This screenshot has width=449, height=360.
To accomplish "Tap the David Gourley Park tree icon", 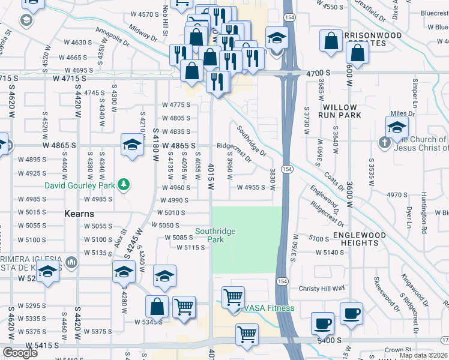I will click(x=123, y=184).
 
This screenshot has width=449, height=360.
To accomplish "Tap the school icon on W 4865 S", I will click(x=132, y=145).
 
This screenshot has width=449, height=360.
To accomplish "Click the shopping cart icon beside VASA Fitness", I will click(x=233, y=296).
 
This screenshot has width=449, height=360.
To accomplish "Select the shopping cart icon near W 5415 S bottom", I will click(x=247, y=334).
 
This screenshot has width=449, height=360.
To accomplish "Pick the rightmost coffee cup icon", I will click(x=351, y=313).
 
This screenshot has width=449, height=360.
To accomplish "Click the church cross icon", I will click(x=384, y=143).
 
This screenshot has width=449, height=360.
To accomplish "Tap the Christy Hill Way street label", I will click(x=322, y=288).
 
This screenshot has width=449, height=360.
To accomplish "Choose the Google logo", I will click(x=20, y=353).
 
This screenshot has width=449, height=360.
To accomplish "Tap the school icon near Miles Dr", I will click(x=397, y=127).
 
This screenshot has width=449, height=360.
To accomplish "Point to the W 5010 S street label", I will click(x=171, y=212).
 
